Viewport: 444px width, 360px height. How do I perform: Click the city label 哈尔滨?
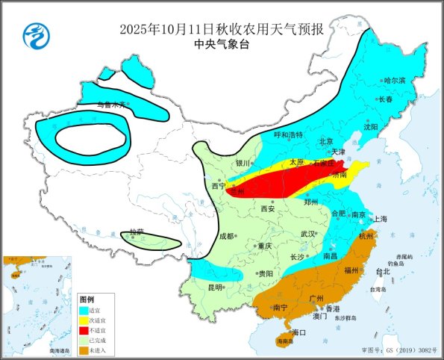(x=393, y=80)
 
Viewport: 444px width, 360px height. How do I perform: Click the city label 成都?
(x=226, y=236)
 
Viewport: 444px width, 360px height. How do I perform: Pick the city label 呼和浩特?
(x=288, y=135)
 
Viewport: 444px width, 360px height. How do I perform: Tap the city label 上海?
(x=380, y=219)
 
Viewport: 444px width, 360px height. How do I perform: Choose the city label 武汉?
(x=307, y=234)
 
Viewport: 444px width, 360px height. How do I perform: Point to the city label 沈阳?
(x=371, y=127)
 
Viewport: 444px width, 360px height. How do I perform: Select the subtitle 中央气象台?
(x=222, y=45)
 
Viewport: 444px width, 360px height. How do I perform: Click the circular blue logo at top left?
(x=34, y=34)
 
